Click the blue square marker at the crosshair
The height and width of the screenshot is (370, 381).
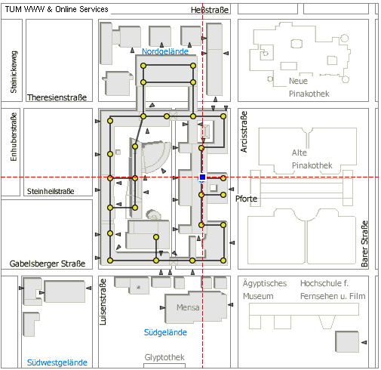point(202,177)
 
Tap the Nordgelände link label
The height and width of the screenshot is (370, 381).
point(165,51)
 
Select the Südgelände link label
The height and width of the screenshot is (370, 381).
point(165,332)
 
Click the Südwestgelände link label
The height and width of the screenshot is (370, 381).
point(57,362)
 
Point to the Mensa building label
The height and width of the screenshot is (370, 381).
point(188,307)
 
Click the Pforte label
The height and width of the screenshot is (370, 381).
point(246,199)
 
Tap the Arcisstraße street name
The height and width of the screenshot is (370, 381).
point(244,131)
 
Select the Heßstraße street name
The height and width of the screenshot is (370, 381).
point(210,10)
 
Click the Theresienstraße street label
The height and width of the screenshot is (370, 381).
point(57,97)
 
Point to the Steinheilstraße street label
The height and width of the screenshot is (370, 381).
point(51,191)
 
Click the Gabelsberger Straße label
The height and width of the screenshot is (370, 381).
point(48,264)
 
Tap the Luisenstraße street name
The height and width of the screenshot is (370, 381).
point(103,301)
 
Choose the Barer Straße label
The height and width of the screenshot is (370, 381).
point(364,244)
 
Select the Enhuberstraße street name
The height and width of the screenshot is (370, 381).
point(14,137)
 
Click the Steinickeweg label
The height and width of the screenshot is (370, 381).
point(14,72)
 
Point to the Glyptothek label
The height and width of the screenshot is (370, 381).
point(164,357)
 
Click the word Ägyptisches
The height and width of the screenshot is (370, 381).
point(265,283)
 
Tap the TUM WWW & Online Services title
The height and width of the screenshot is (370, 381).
point(57,9)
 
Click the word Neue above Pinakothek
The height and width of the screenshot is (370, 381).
point(298,81)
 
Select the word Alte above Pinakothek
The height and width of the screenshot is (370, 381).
point(300,153)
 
